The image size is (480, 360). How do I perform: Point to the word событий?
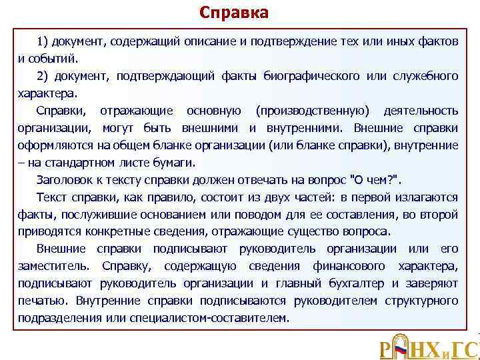pyautogui.click(x=53, y=59)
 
